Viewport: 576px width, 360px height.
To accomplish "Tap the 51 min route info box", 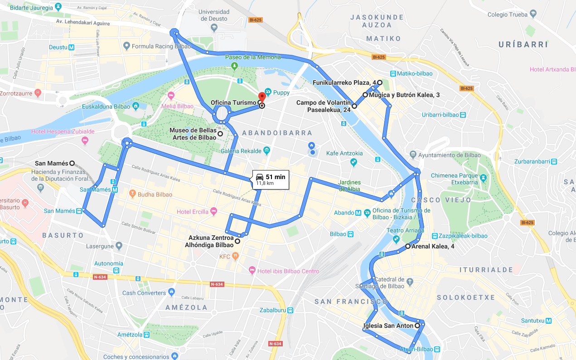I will (x=271, y=180).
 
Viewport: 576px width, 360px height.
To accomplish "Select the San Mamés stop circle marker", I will (x=72, y=163).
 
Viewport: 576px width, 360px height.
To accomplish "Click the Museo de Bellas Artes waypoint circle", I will (x=220, y=134).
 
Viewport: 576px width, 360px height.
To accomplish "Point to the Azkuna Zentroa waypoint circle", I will (x=237, y=241).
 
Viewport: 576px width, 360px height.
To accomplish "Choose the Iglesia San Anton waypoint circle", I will (x=417, y=326).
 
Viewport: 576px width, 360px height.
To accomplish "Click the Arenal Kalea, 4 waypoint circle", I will (x=407, y=246).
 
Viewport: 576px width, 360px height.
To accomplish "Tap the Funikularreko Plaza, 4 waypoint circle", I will (x=380, y=83).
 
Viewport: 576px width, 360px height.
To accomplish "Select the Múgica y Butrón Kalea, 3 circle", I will (x=365, y=95).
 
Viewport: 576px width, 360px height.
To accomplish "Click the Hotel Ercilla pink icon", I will (x=214, y=212).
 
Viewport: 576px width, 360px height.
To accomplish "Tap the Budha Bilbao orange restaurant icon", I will (x=132, y=195).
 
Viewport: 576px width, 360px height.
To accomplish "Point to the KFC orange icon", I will (x=235, y=256).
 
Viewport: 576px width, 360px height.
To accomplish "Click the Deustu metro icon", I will (x=72, y=47).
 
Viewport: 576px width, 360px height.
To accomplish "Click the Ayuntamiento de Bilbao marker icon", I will (x=412, y=155).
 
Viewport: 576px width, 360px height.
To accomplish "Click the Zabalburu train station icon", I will (x=290, y=311).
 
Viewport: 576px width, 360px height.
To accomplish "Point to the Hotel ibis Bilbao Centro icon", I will (x=252, y=271).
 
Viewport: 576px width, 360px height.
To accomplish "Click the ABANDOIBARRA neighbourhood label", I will (x=277, y=133).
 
